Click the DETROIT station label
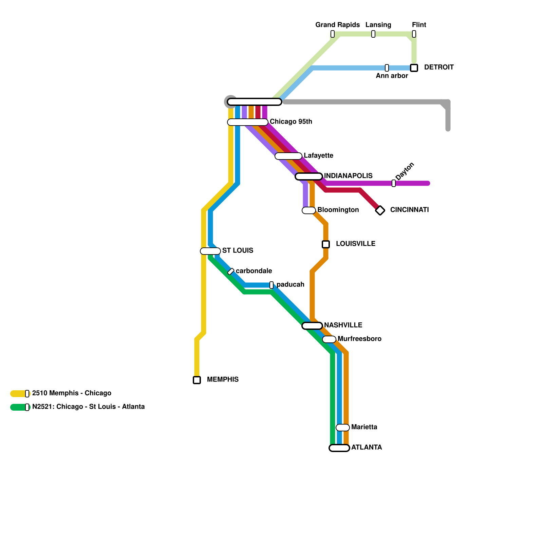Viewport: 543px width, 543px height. tap(438, 67)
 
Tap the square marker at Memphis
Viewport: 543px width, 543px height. tap(197, 380)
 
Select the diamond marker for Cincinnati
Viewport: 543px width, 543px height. tap(380, 210)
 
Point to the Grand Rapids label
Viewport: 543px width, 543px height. tap(337, 25)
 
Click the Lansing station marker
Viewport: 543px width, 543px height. tap(373, 34)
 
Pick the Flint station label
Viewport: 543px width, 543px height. tap(419, 25)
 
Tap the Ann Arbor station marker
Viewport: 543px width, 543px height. tap(387, 68)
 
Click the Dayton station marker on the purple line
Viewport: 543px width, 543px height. tap(394, 183)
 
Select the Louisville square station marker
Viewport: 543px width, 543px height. tap(326, 244)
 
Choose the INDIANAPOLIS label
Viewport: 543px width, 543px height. tap(348, 176)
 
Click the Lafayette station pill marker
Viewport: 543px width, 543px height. tap(288, 156)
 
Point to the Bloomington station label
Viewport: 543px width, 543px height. tap(338, 210)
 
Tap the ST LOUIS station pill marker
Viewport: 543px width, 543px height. tap(210, 251)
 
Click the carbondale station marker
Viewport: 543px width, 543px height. tap(231, 271)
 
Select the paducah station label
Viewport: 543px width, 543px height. tap(290, 284)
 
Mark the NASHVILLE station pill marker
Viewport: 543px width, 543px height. tap(312, 326)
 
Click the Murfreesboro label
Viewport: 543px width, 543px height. tap(359, 339)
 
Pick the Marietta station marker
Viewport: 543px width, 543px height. tap(343, 428)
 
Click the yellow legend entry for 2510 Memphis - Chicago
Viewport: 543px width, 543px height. tap(71, 393)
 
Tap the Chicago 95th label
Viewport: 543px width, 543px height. tap(291, 121)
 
